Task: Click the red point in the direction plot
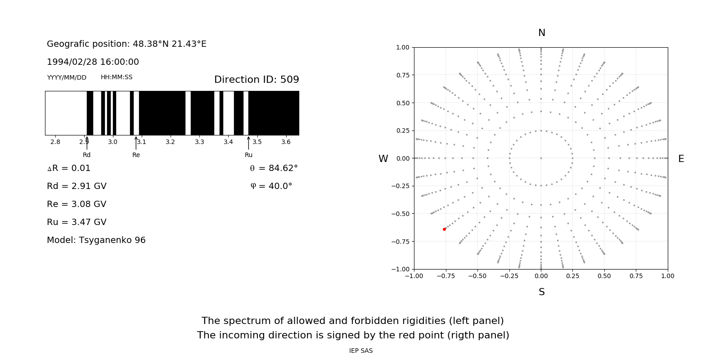point(444,229)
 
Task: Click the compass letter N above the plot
point(542,33)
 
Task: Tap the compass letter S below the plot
point(542,292)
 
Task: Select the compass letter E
point(681,159)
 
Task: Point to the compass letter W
point(383,159)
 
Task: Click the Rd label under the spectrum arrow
point(86,155)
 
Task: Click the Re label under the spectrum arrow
point(136,155)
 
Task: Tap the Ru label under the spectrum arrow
point(248,155)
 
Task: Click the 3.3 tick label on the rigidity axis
point(199,142)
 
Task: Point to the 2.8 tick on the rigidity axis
point(55,142)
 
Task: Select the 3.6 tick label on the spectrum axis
point(286,142)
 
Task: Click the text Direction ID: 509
point(256,80)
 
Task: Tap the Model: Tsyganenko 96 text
point(96,240)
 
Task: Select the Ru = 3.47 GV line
point(76,222)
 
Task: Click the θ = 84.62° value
point(274,168)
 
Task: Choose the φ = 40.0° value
point(271,186)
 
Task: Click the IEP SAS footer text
point(361,351)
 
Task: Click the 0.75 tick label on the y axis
point(402,75)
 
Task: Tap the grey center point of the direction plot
point(541,158)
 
